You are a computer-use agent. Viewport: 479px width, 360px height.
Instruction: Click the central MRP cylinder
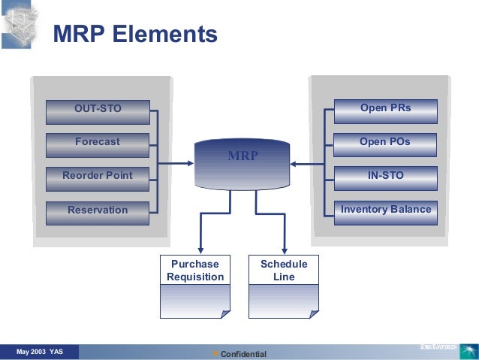pos(242,162)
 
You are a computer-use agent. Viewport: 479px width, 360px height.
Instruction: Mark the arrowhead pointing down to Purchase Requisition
pos(200,250)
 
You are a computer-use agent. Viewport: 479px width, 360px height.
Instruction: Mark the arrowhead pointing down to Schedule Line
pos(284,250)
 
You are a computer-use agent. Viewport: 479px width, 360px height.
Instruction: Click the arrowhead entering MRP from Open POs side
pos(294,163)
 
